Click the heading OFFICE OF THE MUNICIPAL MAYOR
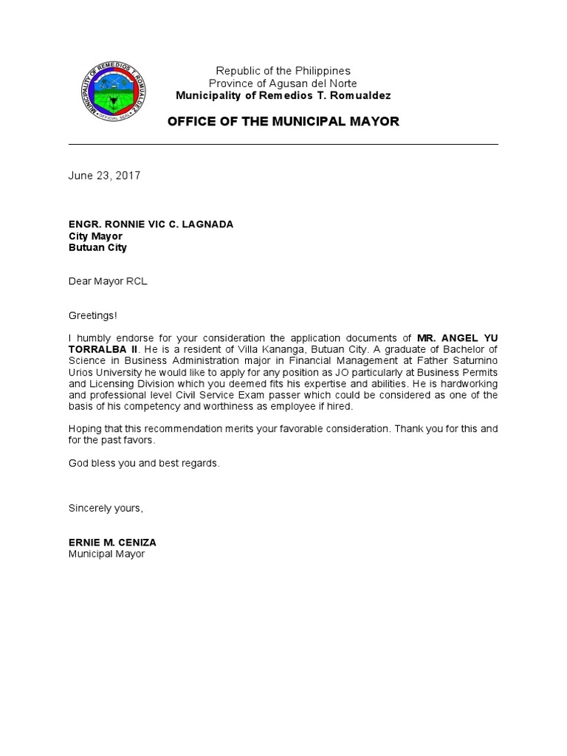283,122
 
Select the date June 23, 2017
104,176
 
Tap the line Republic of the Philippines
283,71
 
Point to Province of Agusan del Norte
283,83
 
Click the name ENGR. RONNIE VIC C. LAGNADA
151,224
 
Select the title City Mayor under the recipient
95,236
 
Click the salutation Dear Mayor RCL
108,281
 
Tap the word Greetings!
92,315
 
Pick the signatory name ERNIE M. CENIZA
112,542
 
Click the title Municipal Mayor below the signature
107,554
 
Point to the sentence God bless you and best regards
144,463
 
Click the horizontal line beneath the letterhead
283,145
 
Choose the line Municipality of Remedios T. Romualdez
283,96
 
